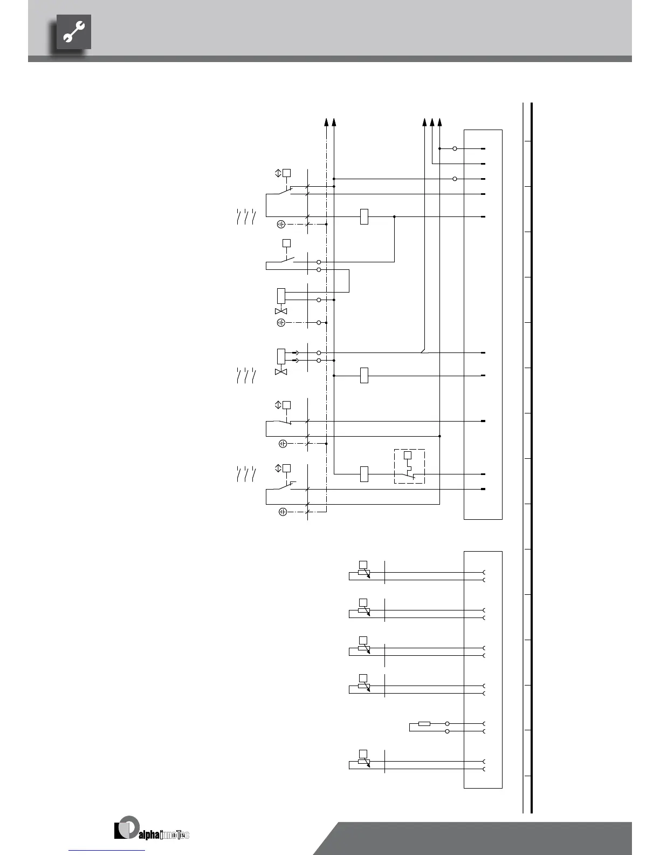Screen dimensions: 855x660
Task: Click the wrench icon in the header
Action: click(74, 32)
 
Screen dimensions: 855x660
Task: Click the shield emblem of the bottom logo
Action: click(127, 827)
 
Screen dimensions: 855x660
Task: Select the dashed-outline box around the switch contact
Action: click(409, 466)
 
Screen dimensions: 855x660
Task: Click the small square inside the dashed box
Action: click(408, 455)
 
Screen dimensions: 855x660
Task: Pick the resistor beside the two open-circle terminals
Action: click(424, 723)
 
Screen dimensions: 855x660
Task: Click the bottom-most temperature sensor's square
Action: click(363, 753)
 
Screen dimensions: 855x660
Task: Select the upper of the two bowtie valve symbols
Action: click(281, 311)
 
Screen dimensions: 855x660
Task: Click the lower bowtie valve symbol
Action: click(281, 372)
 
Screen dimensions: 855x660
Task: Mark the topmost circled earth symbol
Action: click(281, 224)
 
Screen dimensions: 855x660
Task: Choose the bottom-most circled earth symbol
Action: click(283, 512)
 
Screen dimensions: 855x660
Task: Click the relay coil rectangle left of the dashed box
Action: click(364, 474)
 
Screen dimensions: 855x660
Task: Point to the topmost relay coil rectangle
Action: click(364, 216)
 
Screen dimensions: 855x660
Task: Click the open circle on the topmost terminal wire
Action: click(455, 148)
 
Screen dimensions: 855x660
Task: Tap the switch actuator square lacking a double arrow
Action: click(287, 243)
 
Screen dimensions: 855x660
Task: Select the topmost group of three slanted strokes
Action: click(245, 216)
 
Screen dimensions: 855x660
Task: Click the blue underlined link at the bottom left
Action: click(107, 850)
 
